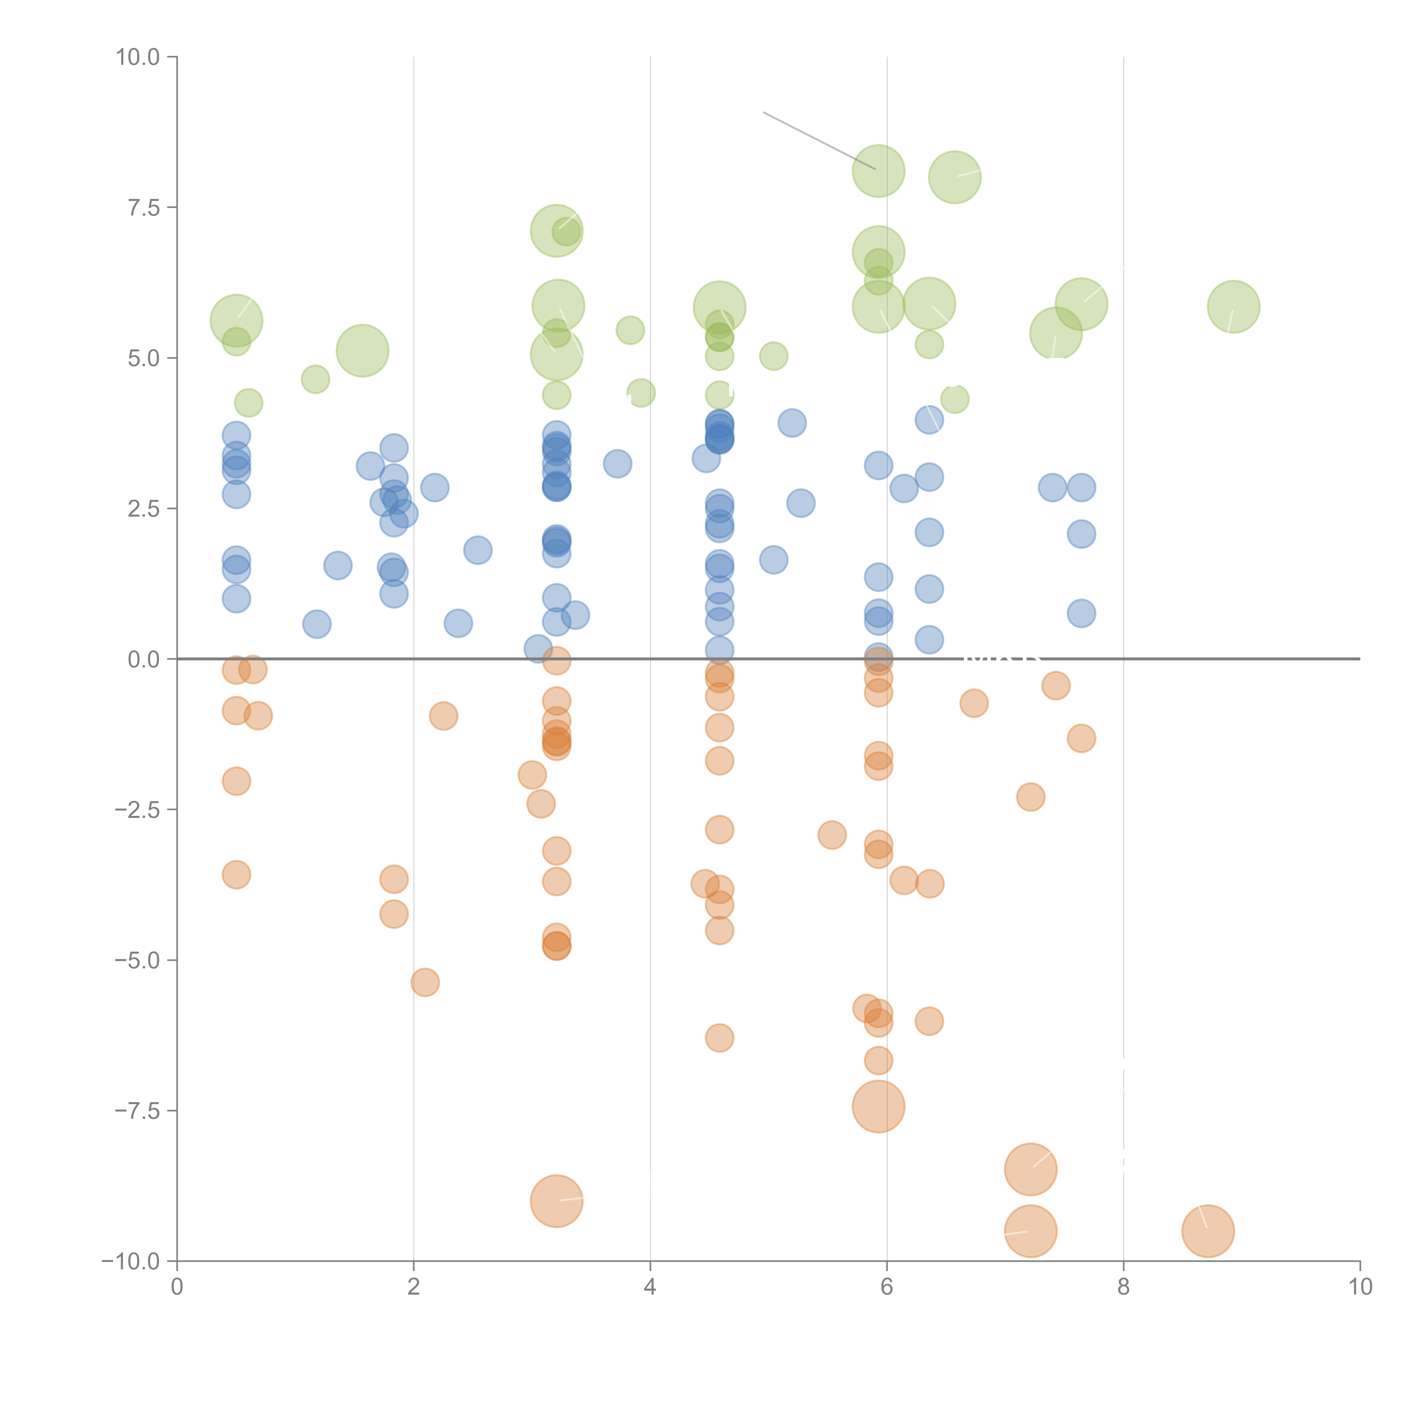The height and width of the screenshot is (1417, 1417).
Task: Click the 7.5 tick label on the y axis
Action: (143, 207)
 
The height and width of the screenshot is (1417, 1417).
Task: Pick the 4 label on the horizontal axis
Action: (650, 1287)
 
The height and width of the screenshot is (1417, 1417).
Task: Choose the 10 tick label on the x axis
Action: (1360, 1287)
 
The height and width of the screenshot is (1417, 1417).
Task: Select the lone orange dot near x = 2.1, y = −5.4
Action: (425, 982)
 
